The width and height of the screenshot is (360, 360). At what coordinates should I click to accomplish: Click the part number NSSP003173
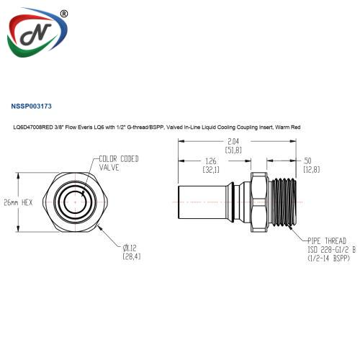tap(31, 106)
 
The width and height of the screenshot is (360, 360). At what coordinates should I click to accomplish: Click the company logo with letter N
tap(37, 32)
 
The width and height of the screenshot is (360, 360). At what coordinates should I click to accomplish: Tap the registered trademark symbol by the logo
tap(64, 14)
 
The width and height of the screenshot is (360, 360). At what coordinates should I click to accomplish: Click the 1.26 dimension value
tap(211, 161)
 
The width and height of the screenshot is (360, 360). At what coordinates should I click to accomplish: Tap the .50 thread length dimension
tap(307, 161)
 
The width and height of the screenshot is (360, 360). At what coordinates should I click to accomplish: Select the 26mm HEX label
tap(18, 202)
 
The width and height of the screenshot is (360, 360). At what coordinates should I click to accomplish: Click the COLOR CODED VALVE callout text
tap(119, 163)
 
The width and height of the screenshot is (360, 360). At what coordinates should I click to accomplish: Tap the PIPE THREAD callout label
tap(327, 240)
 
